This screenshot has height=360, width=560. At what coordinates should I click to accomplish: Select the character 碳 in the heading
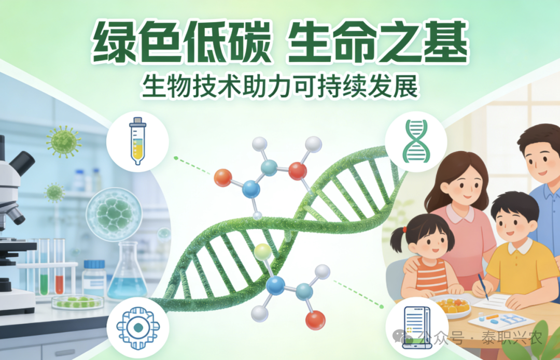tap(248, 42)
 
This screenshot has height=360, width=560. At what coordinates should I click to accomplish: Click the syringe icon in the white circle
tap(138, 141)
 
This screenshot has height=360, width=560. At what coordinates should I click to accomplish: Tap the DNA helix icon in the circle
tap(416, 141)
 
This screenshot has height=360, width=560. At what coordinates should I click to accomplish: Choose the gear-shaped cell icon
tap(138, 328)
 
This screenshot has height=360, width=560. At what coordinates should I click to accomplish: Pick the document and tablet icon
tap(416, 327)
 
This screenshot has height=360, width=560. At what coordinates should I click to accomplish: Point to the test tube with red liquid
tap(59, 266)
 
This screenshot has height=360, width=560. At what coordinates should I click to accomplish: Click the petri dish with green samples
tap(77, 302)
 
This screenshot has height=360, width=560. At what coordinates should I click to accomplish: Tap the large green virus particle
tap(64, 141)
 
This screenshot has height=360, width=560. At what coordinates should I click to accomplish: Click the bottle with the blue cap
tap(94, 278)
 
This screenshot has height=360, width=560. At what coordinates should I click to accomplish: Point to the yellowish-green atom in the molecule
tap(263, 252)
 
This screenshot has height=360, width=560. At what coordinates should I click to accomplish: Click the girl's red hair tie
tap(404, 230)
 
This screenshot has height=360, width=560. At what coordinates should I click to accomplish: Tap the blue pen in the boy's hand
tap(483, 287)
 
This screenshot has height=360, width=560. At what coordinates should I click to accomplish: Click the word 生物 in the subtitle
tap(166, 87)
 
